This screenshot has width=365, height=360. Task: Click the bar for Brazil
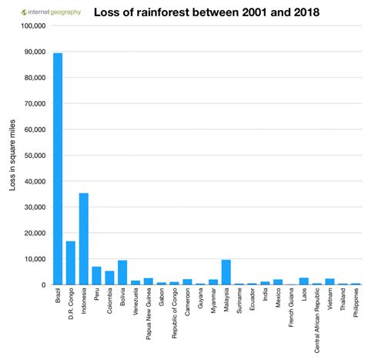[58, 169]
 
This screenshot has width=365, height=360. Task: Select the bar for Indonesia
[84, 239]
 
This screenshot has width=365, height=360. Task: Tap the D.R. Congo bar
[71, 263]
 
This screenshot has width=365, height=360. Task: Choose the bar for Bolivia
[122, 272]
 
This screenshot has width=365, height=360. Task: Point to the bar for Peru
[96, 275]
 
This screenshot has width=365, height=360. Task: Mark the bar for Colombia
[109, 278]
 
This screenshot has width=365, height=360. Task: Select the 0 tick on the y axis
[44, 284]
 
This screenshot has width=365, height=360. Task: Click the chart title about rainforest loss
[206, 12]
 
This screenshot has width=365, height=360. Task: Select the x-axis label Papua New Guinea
[149, 318]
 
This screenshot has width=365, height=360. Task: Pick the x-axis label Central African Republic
[317, 324]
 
